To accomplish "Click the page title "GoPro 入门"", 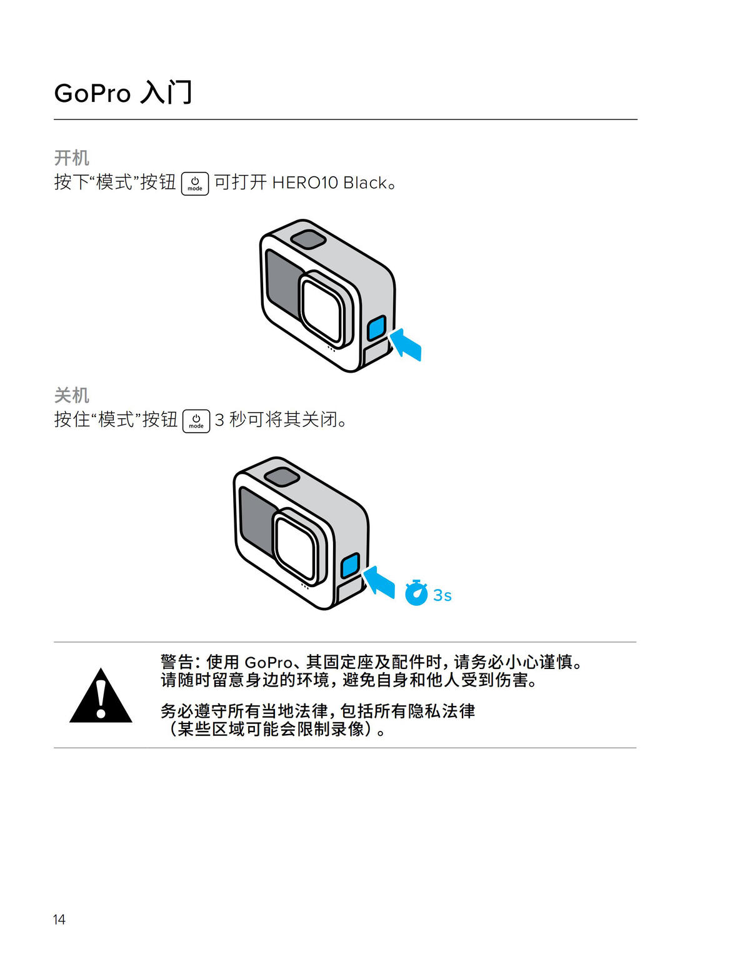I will point(123,93).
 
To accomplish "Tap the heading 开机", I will point(71,158).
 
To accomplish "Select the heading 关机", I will point(71,395).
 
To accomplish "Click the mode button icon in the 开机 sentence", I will point(195,183).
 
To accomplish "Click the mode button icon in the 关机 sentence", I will point(196,421).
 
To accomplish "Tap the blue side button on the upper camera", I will point(376,328).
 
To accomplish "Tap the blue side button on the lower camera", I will point(350,565).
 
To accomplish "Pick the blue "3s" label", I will point(442,595).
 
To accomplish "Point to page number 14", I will point(59,919).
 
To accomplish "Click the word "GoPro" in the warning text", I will point(268,662).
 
